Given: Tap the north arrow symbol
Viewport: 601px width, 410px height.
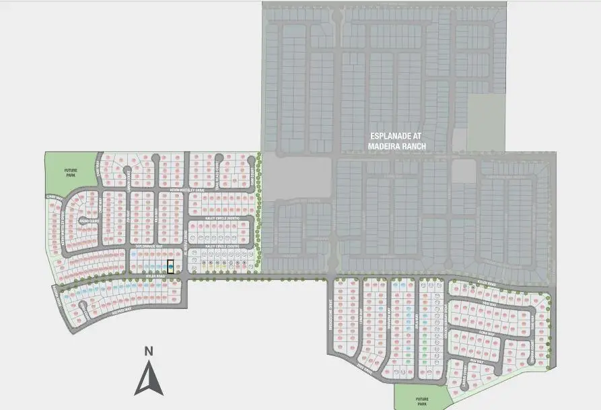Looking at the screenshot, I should click(x=149, y=378).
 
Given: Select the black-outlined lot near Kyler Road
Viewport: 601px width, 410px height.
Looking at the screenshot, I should click(x=170, y=267).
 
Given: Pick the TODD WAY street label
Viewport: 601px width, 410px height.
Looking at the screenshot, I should click(x=489, y=304).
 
